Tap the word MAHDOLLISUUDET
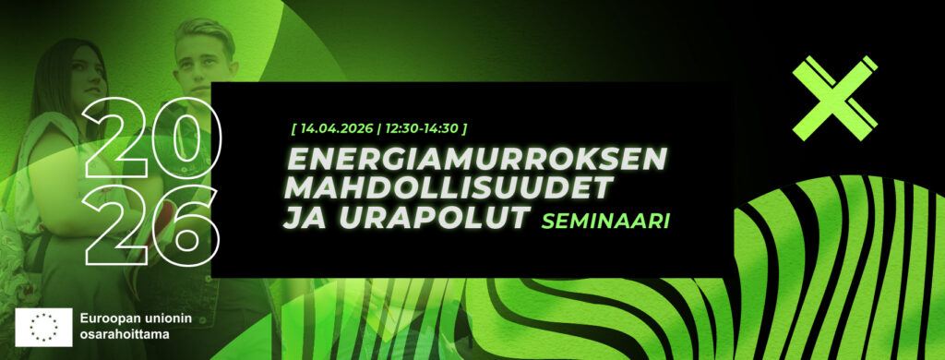(x=449, y=188)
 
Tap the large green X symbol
(x=834, y=98)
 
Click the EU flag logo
(x=43, y=328)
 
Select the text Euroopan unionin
(x=136, y=318)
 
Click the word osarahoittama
(x=125, y=333)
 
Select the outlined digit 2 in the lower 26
(x=115, y=225)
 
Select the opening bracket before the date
(x=293, y=128)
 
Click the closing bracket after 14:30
(x=464, y=128)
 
